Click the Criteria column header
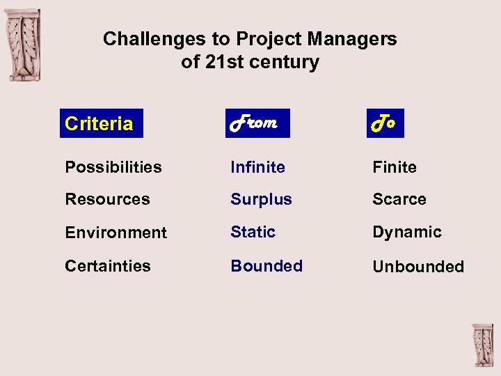pos(99,124)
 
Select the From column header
pos(255,123)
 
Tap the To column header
pos(384,123)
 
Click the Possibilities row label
pos(113,167)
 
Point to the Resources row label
pos(107,199)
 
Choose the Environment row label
pos(116,233)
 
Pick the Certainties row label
pos(107,266)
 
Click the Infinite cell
pos(257,167)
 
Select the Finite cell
pos(394,167)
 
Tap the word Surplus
pos(261,199)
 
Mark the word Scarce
pos(399,199)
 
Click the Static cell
pos(253,232)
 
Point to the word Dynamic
pos(406,232)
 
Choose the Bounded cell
pos(267,266)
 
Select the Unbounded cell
pos(417,267)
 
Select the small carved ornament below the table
pos(482,345)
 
